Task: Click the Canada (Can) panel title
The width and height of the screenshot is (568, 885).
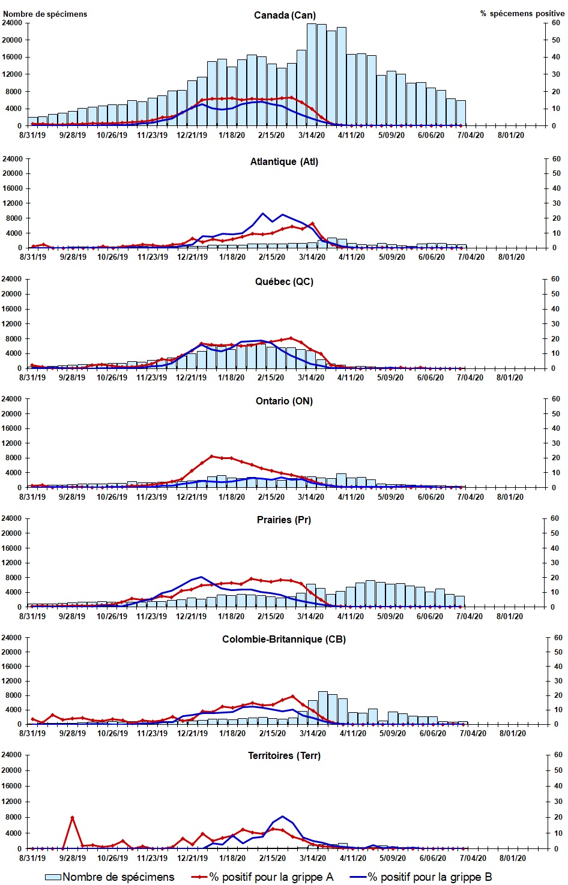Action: (x=285, y=15)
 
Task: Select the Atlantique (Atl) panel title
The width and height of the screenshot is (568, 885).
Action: (x=284, y=161)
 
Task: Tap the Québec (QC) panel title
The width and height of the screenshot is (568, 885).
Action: (x=284, y=281)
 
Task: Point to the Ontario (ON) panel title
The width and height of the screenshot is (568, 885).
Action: (x=284, y=401)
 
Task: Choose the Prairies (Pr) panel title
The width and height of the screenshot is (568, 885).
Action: (x=284, y=520)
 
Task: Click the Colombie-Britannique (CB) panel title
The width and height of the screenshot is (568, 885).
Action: (x=284, y=639)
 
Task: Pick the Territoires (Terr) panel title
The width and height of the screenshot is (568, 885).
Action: (x=284, y=755)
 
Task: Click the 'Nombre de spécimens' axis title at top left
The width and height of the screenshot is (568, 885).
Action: (x=45, y=14)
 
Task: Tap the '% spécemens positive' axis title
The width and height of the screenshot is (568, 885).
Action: (x=522, y=13)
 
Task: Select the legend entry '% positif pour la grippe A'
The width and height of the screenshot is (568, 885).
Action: (x=271, y=877)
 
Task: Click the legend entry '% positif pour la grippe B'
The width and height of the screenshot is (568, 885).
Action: (x=429, y=877)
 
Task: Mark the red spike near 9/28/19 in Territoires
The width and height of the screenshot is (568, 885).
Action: (x=72, y=817)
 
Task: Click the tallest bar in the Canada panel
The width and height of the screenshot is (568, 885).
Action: (x=312, y=72)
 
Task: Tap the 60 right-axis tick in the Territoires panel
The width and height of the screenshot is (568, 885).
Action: (x=558, y=755)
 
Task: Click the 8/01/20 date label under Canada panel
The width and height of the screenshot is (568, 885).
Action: (x=510, y=135)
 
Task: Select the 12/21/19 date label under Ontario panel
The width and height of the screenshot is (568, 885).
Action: (x=192, y=497)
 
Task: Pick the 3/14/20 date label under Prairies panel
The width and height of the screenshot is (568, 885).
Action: (x=310, y=616)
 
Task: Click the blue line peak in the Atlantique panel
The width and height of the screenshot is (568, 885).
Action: (x=262, y=214)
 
